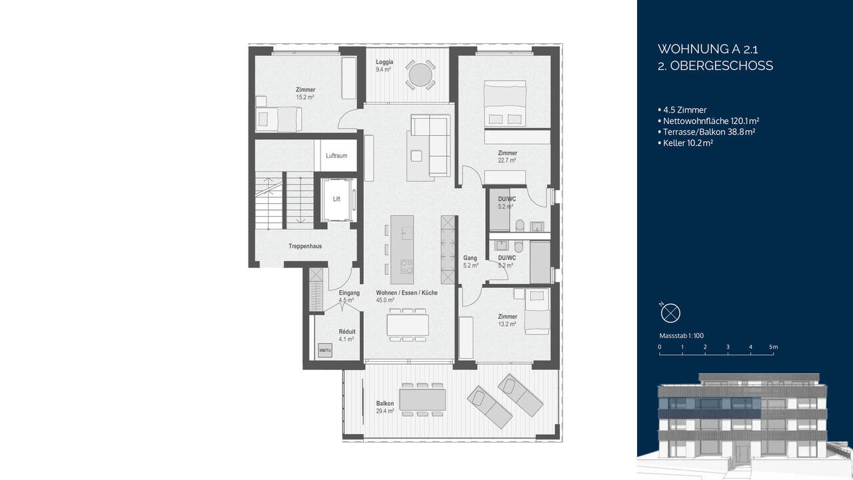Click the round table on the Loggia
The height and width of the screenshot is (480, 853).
[421, 75]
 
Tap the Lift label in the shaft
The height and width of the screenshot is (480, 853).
[337, 198]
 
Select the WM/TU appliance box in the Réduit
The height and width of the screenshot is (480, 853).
[325, 351]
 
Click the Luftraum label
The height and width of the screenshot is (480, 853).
[336, 156]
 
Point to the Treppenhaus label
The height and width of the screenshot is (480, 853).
[305, 246]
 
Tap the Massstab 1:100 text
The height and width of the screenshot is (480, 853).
[682, 335]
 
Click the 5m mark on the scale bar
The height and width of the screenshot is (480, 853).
[773, 347]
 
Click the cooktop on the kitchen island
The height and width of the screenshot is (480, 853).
[407, 267]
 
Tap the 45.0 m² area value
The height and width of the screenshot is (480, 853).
[385, 300]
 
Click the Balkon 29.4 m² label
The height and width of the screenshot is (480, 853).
[385, 407]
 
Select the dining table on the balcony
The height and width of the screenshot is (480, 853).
[423, 399]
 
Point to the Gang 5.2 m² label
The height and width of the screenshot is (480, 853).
[470, 261]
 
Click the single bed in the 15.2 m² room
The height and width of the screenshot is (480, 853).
[280, 119]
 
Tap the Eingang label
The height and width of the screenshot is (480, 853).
[349, 293]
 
